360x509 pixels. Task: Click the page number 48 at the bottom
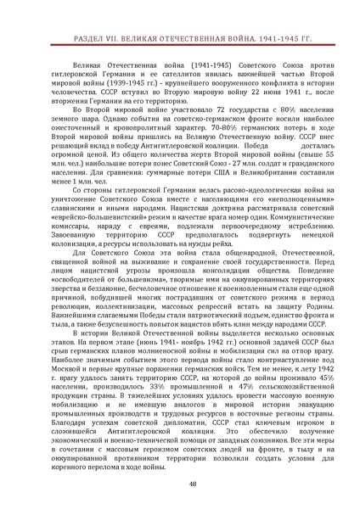[x=180, y=484]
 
